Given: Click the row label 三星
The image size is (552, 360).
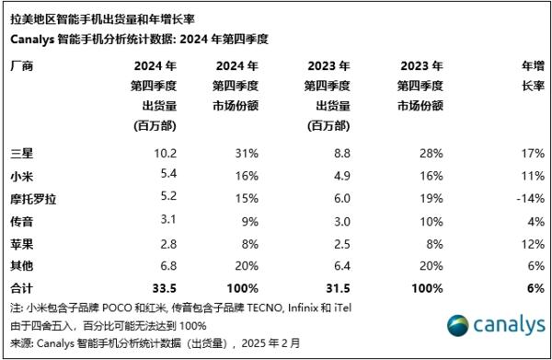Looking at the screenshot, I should [20, 152].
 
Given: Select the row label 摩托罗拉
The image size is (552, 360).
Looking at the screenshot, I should [31, 196].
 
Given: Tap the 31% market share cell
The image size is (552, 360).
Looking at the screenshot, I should [250, 152].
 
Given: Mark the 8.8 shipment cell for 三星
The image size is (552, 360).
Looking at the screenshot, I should [339, 152].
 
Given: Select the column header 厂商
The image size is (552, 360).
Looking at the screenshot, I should [20, 67].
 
